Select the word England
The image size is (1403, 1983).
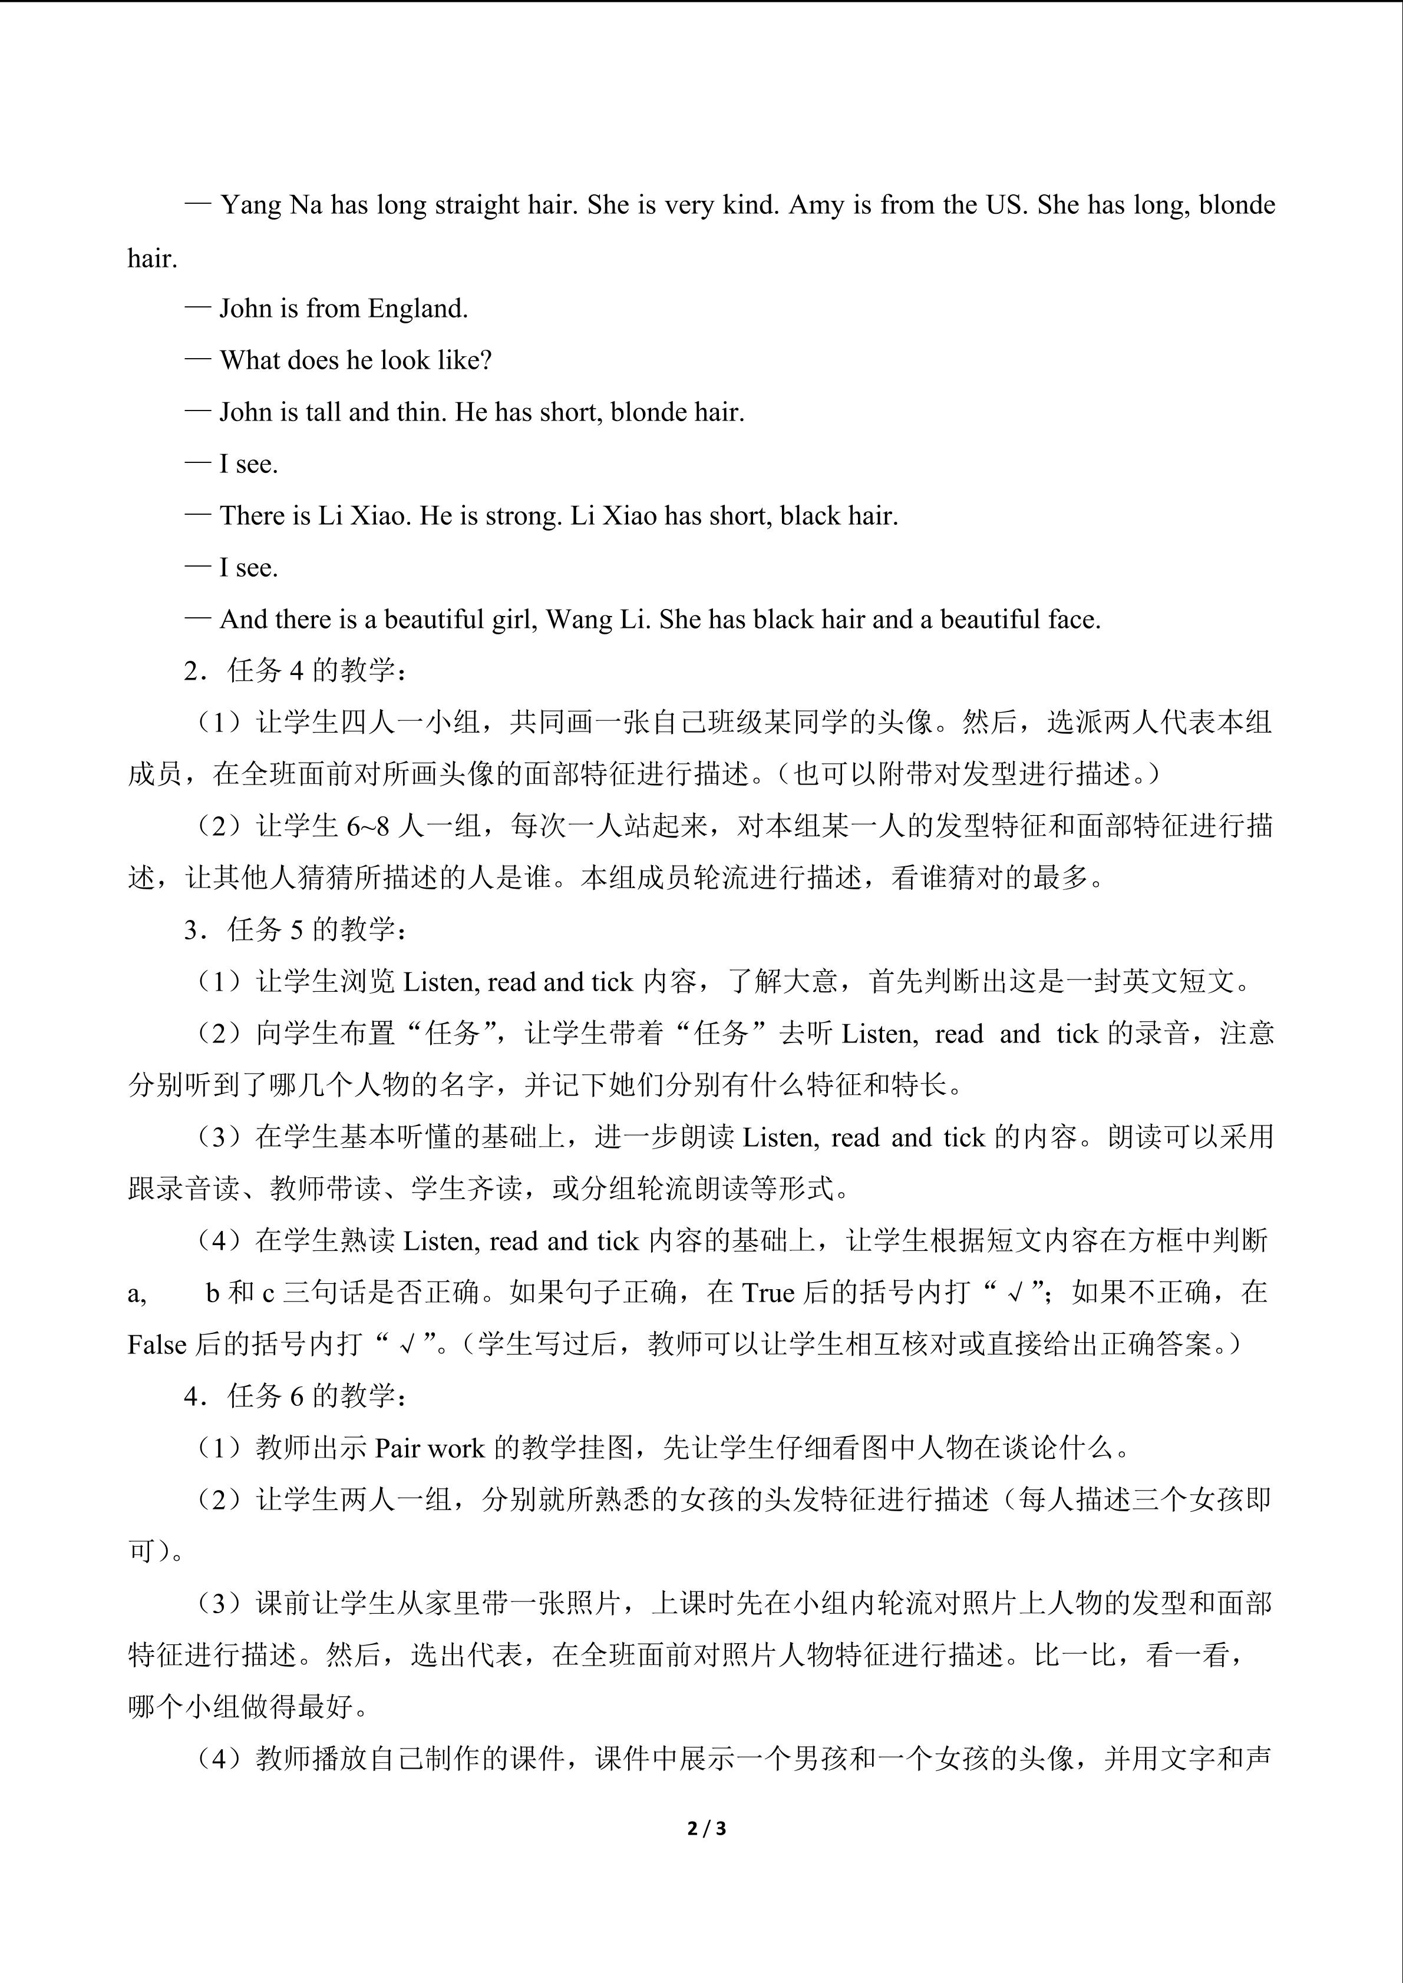[418, 309]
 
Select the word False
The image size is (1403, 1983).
[157, 1345]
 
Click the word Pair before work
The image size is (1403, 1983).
[397, 1448]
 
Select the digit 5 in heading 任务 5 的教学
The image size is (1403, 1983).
[296, 930]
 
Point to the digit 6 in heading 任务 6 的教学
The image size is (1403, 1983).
[296, 1396]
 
